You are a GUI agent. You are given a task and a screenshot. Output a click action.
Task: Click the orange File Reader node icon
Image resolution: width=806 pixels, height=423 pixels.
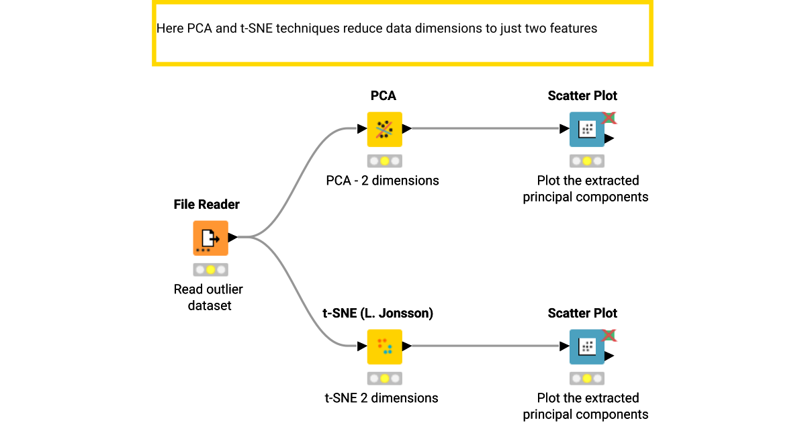tap(210, 238)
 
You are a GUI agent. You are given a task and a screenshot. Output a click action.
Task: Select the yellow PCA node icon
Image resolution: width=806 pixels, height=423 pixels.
tap(384, 129)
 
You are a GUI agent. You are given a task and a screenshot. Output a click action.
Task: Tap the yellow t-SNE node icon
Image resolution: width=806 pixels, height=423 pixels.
tap(384, 346)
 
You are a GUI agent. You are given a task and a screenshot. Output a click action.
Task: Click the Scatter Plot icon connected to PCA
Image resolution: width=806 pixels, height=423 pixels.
tap(586, 129)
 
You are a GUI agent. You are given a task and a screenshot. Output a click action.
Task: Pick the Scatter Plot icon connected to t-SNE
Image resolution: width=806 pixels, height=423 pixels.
tap(586, 346)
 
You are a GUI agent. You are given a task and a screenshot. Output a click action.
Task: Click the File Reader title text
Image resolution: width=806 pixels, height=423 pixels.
tap(206, 204)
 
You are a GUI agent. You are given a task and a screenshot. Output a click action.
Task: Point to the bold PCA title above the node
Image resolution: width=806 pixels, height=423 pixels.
tap(384, 96)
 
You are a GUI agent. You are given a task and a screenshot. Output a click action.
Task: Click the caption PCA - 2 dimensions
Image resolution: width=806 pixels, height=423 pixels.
tap(382, 181)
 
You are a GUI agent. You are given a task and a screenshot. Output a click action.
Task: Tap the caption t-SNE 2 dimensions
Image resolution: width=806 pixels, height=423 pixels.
tap(381, 398)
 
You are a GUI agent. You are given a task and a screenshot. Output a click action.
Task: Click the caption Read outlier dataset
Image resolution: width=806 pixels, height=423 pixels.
tap(208, 297)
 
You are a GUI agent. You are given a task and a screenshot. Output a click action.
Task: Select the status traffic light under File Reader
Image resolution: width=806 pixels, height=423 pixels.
tap(210, 270)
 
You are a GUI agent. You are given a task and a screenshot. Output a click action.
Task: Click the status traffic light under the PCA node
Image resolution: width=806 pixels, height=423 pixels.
tap(384, 161)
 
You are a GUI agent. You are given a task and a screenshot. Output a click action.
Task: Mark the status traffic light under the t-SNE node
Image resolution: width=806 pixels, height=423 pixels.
tap(384, 379)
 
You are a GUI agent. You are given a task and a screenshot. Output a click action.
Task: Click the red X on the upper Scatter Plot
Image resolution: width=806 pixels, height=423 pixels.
tap(609, 118)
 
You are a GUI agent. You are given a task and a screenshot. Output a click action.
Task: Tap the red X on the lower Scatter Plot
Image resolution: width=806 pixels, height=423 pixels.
tap(609, 336)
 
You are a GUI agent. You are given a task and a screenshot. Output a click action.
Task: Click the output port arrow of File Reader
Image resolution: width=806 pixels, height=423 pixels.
tap(232, 237)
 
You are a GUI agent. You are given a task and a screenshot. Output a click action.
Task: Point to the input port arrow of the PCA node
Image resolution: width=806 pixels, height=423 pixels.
tap(361, 129)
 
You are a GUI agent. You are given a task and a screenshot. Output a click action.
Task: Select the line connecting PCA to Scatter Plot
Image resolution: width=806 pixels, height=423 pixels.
tap(484, 129)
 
